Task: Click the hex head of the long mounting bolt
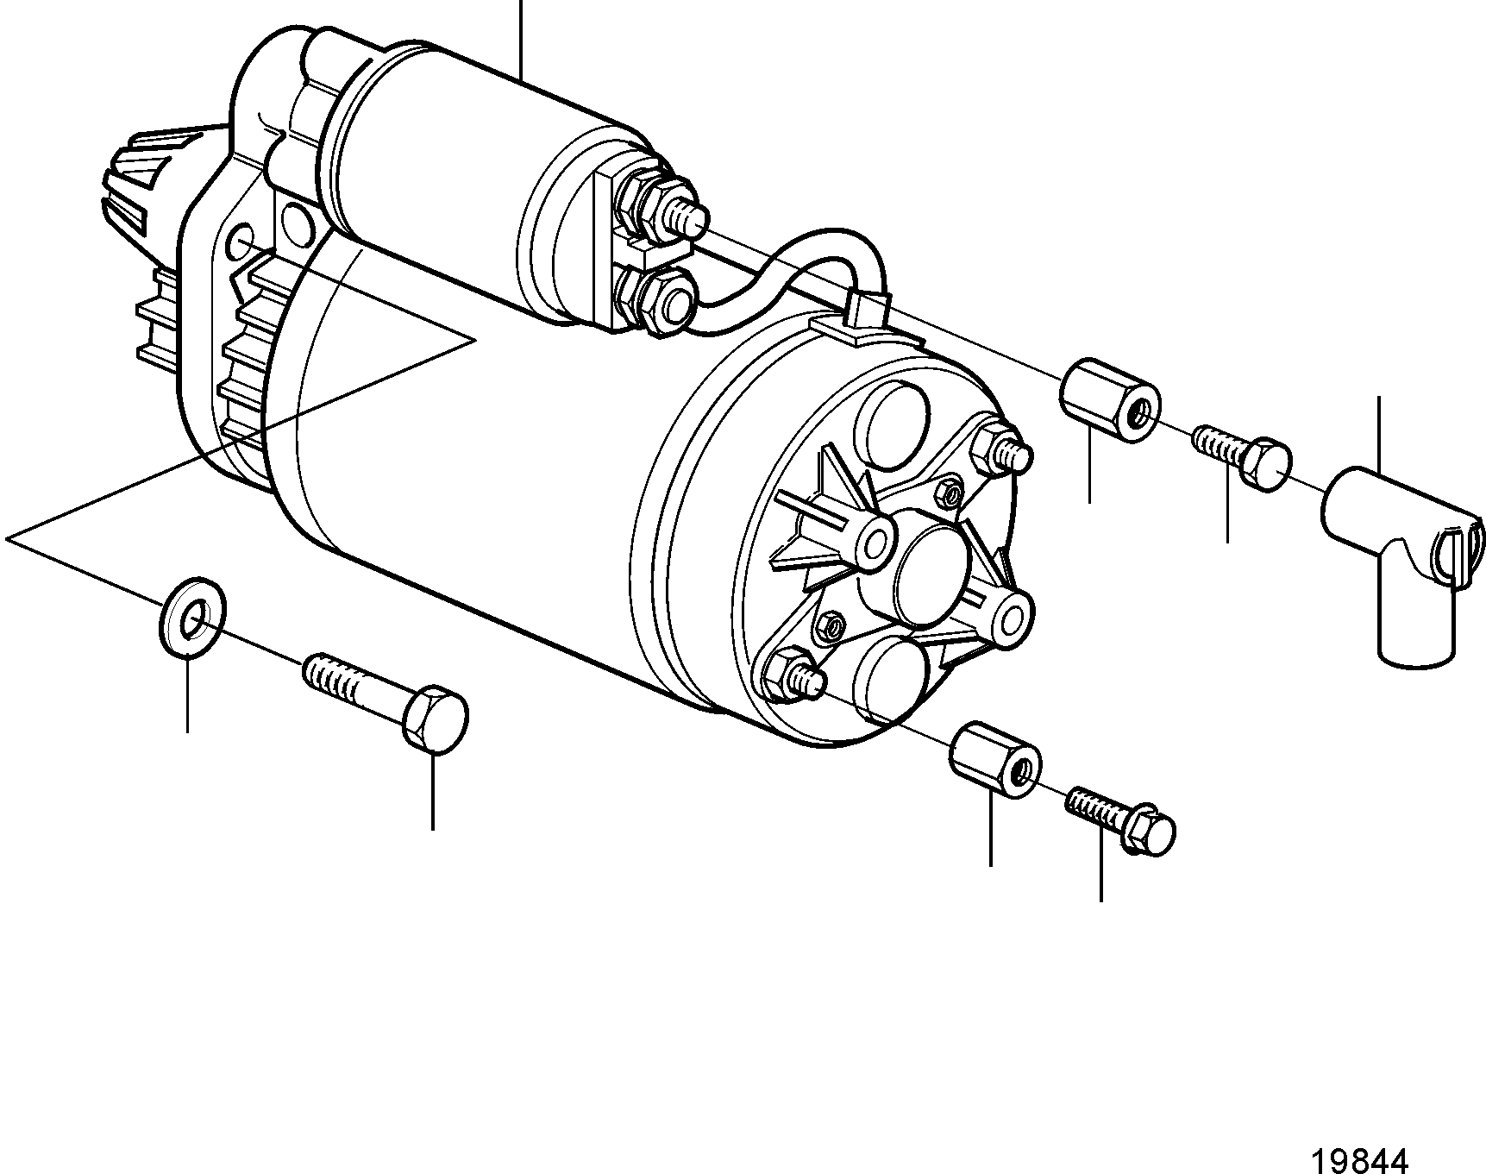pyautogui.click(x=436, y=719)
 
